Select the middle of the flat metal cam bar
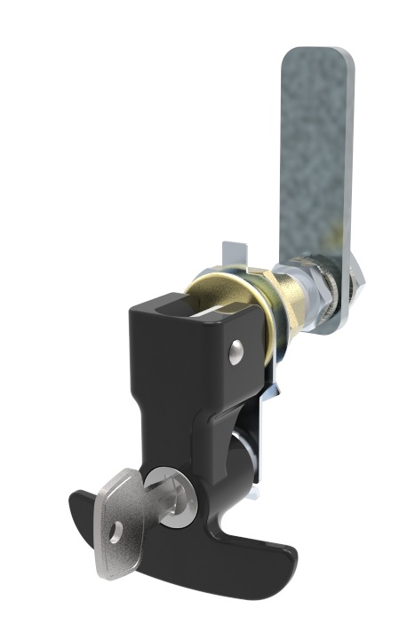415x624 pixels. (x=316, y=178)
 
